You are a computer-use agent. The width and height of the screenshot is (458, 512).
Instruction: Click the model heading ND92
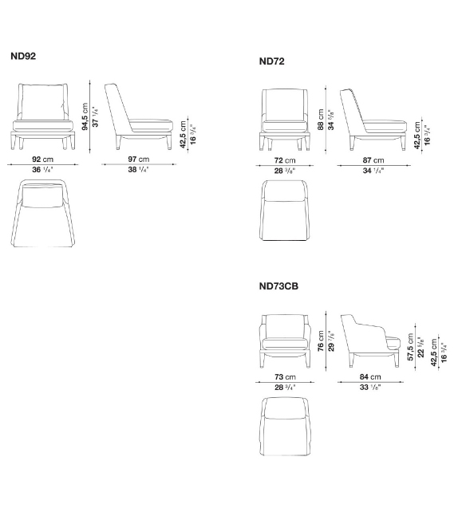pos(23,57)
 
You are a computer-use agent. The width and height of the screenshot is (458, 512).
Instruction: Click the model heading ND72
pos(272,61)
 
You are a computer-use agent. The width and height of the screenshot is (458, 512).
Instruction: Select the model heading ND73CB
pos(278,284)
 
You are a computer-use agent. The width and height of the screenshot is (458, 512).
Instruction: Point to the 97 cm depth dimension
pos(139,160)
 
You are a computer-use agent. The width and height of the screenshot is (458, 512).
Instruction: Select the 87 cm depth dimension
pos(373,160)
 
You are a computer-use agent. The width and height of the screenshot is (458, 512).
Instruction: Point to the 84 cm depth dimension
pos(369,376)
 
